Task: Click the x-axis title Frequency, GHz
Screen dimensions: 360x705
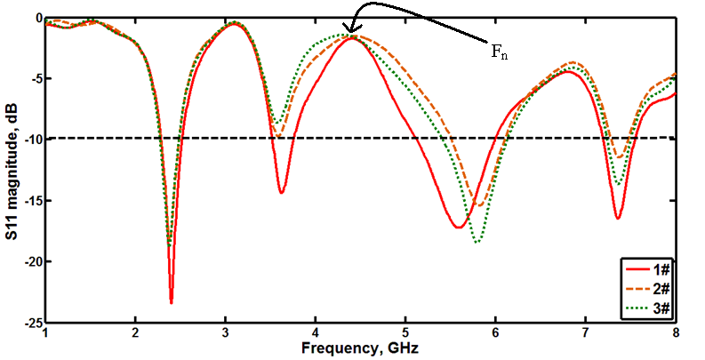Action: pos(359,348)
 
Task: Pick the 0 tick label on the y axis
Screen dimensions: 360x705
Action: pos(37,18)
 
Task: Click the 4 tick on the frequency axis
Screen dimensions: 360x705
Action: pos(315,333)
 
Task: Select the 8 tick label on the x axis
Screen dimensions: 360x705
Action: pos(676,333)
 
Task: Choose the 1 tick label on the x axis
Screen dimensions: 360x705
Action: pos(44,333)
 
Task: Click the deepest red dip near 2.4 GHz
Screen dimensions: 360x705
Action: pos(171,302)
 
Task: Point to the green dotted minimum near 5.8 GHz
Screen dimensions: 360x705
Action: pos(477,242)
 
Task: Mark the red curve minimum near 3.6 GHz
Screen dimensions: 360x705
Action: pos(281,193)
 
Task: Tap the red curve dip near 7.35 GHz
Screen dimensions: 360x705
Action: pos(617,218)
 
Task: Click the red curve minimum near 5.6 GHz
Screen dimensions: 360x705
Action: pos(458,228)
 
